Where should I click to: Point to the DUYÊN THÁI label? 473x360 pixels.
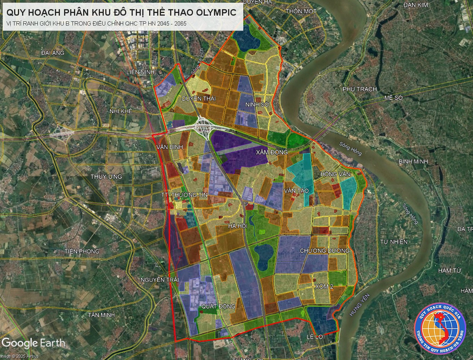coord(198,99)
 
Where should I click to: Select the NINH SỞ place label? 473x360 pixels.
coord(257,104)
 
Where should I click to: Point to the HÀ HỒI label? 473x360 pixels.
coord(237,226)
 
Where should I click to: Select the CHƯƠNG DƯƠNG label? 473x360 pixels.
coord(325,251)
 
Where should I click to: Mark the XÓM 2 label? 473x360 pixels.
coord(324,286)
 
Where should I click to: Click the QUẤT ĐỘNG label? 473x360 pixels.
coord(218,306)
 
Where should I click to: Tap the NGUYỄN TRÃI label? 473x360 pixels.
coord(159,280)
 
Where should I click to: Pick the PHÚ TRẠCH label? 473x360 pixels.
coord(359,89)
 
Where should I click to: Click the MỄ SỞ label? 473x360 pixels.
coord(394,98)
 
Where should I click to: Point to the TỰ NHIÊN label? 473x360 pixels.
coord(394,241)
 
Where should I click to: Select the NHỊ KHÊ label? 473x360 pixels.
coord(121,111)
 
